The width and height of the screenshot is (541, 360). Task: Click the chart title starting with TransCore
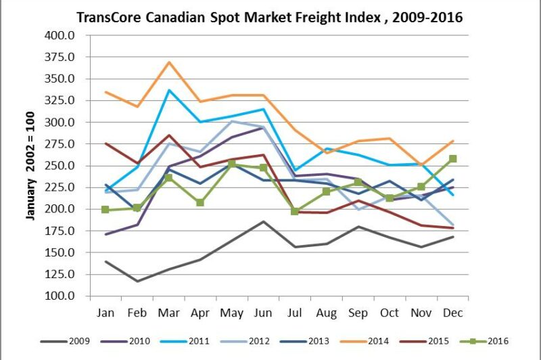[x=269, y=17]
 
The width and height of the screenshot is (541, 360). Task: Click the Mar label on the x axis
[x=169, y=312]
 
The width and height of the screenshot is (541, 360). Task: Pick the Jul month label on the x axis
[x=294, y=312]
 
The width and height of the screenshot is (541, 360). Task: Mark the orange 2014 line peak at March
[x=169, y=62]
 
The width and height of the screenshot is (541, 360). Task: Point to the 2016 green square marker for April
[x=201, y=202]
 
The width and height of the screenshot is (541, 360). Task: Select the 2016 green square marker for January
[x=106, y=210]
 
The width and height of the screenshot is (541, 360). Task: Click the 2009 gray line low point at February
[x=137, y=282]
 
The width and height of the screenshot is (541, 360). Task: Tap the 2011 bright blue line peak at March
[x=169, y=90]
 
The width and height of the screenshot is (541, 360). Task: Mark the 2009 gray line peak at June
[x=264, y=221]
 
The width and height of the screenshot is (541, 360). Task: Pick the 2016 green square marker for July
[x=294, y=211]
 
